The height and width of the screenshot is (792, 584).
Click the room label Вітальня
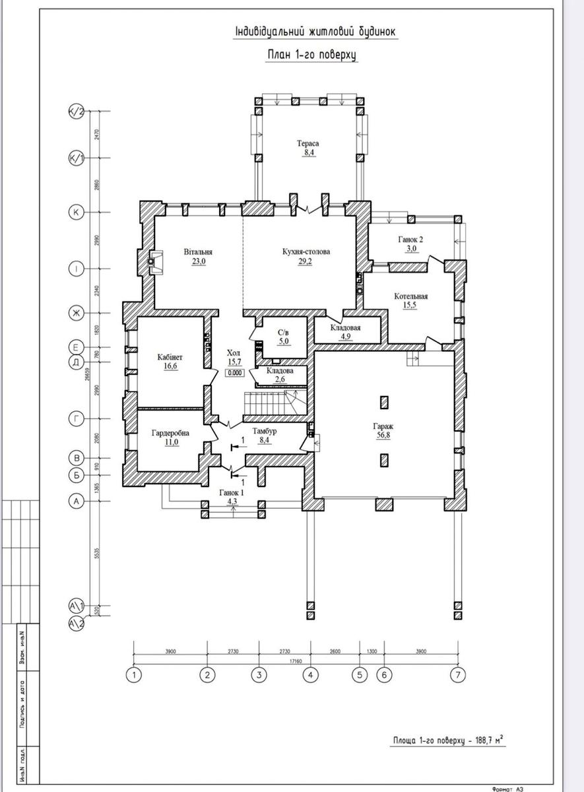199,251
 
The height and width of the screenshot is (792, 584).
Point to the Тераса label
308,143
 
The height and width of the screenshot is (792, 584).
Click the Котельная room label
411,296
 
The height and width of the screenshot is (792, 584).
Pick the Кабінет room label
170,357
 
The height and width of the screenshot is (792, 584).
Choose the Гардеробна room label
170,433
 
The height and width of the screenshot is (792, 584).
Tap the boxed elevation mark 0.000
235,373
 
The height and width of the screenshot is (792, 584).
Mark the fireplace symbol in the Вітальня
156,261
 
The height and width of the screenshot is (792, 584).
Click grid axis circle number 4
310,675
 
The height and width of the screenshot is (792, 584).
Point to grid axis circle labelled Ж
77,313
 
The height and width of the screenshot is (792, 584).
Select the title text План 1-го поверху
311,55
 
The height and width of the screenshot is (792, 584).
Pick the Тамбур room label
264,431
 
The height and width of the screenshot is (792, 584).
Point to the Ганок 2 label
410,239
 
